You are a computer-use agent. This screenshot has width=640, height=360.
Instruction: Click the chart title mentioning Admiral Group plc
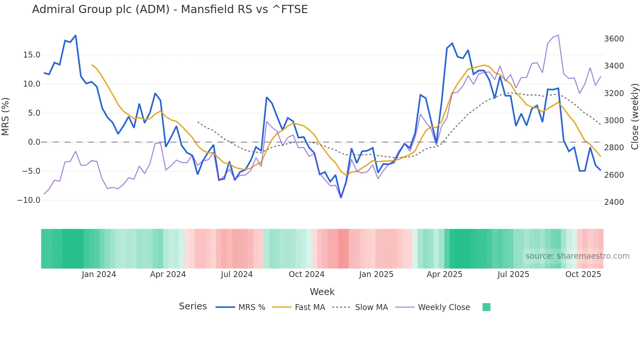tap(170, 9)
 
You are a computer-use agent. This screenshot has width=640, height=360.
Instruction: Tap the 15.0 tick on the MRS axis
tap(32, 55)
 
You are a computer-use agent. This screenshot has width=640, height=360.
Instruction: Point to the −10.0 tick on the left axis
tap(29, 200)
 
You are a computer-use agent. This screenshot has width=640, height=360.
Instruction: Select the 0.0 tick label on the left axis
tap(34, 142)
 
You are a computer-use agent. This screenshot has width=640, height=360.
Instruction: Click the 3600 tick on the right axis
tap(614, 39)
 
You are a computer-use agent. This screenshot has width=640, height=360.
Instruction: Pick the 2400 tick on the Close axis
tap(614, 202)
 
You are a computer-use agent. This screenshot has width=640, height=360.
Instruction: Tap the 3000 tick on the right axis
tap(614, 121)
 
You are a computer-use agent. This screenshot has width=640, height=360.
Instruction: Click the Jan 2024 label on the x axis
tap(99, 274)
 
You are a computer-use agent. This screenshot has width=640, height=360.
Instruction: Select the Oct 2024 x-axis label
tap(306, 274)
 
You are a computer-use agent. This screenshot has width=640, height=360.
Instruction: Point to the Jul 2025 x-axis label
tap(513, 274)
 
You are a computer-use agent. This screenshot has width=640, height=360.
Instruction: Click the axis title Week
tap(322, 292)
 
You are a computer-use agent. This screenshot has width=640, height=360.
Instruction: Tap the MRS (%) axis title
tap(6, 117)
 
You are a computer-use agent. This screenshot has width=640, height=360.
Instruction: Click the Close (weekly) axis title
tap(634, 117)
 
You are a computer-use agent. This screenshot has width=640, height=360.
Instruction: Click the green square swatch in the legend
tap(486, 307)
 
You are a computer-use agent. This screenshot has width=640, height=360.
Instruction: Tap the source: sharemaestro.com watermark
tap(577, 256)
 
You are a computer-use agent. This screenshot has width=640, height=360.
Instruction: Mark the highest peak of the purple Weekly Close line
tap(558, 35)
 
